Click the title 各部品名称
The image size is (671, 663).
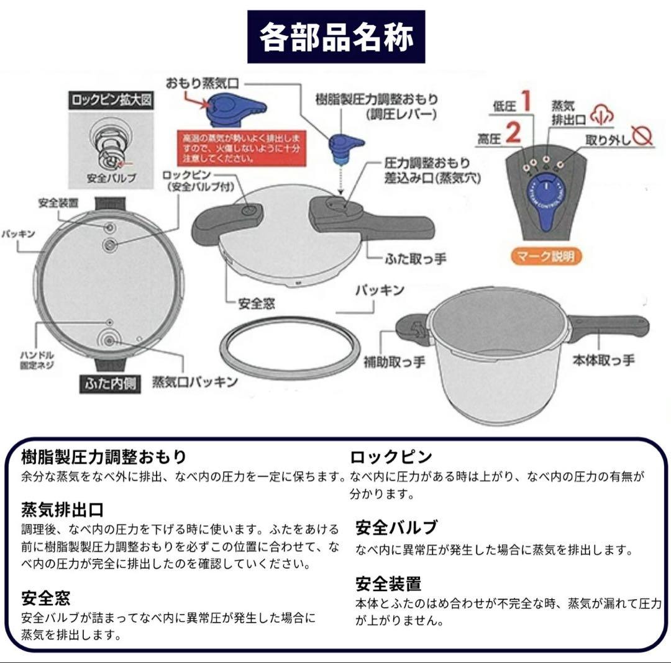(336, 37)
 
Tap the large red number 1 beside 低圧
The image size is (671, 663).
(526, 101)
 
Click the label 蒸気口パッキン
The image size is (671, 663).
(194, 382)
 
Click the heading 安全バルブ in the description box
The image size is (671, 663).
(396, 528)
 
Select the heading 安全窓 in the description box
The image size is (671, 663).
(46, 598)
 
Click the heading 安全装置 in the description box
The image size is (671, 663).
(388, 584)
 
